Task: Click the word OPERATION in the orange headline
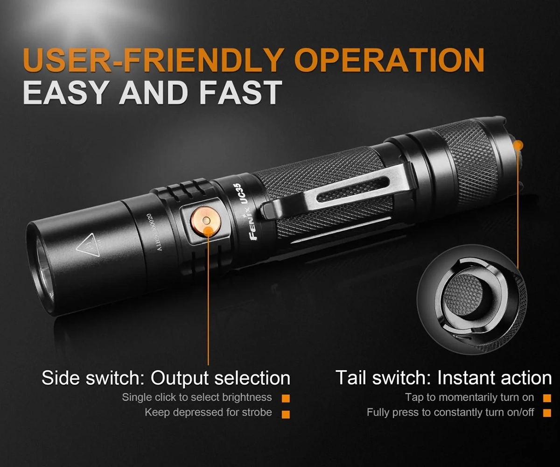[x=390, y=60]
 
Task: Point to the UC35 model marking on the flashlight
[x=242, y=195]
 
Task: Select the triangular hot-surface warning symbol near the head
[x=86, y=247]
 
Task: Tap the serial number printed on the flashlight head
[x=155, y=232]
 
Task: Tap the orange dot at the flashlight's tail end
[x=519, y=146]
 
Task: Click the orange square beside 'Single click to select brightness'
[x=286, y=398]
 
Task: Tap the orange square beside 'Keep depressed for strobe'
[x=286, y=415]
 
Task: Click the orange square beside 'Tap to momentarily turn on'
[x=547, y=398]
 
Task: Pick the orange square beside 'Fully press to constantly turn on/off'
[x=547, y=413]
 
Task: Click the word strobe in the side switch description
[x=257, y=412]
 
